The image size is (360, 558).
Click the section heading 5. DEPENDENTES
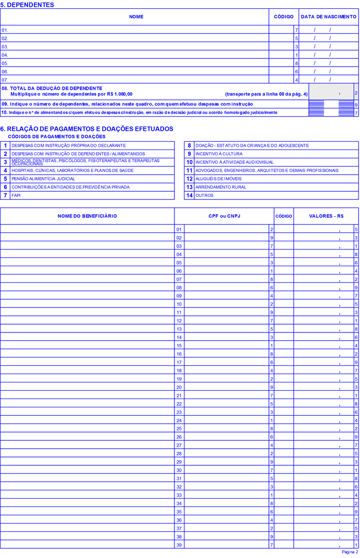pyautogui.click(x=27, y=5)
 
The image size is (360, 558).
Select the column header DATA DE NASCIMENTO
pyautogui.click(x=329, y=17)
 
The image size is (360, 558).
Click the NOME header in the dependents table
pyautogui.click(x=136, y=17)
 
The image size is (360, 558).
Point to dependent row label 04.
pyautogui.click(x=5, y=55)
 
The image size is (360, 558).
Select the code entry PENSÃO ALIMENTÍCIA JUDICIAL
pyautogui.click(x=43, y=179)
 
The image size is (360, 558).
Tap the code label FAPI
pyautogui.click(x=16, y=195)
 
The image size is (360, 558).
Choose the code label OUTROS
pyautogui.click(x=204, y=195)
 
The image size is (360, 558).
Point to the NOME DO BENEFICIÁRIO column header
pyautogui.click(x=87, y=216)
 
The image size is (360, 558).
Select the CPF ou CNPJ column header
pyautogui.click(x=224, y=216)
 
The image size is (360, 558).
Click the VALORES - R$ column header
pyautogui.click(x=326, y=216)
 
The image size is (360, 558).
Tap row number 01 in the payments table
pyautogui.click(x=179, y=229)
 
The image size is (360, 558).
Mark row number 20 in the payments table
pyautogui.click(x=179, y=387)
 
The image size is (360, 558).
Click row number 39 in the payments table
pyautogui.click(x=179, y=545)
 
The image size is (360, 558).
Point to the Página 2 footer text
pyautogui.click(x=350, y=552)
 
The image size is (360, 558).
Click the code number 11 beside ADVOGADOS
pyautogui.click(x=190, y=170)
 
